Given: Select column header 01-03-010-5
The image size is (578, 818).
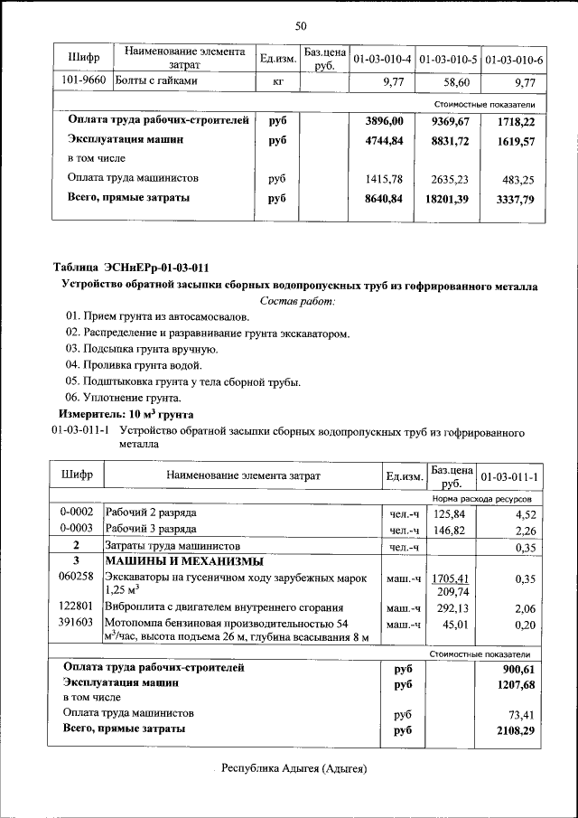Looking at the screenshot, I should tap(449, 60).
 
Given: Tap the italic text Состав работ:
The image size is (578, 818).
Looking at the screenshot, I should tap(297, 300).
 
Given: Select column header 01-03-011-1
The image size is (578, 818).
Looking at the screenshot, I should tap(510, 475).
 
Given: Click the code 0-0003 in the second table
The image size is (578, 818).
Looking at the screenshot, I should tap(77, 530).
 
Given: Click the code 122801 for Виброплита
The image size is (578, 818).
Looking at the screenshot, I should tap(76, 607).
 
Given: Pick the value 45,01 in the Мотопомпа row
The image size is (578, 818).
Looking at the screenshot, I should tap(452, 624).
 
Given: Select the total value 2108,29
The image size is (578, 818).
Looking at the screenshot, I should tap(517, 729).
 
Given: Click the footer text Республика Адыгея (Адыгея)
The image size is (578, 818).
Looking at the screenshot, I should tap(297, 769).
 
